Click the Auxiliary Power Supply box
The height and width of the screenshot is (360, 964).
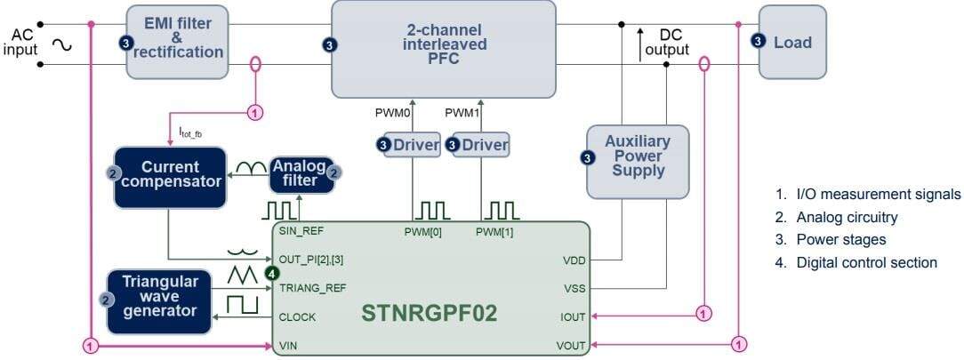[x=637, y=161]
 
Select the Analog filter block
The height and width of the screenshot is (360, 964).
[x=301, y=174]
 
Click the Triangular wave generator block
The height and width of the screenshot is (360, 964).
[x=160, y=301]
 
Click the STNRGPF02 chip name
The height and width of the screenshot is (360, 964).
[x=429, y=315]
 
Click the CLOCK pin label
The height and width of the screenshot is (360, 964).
[x=298, y=316]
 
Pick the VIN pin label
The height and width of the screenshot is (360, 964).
[x=289, y=344]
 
